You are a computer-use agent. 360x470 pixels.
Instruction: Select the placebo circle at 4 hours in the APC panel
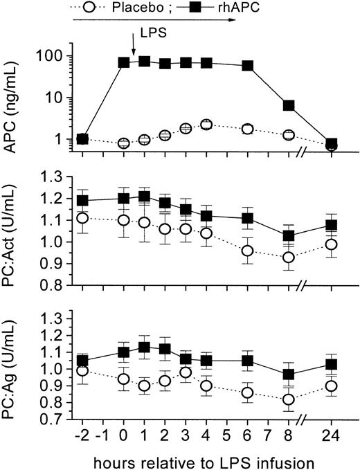pos(206,125)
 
